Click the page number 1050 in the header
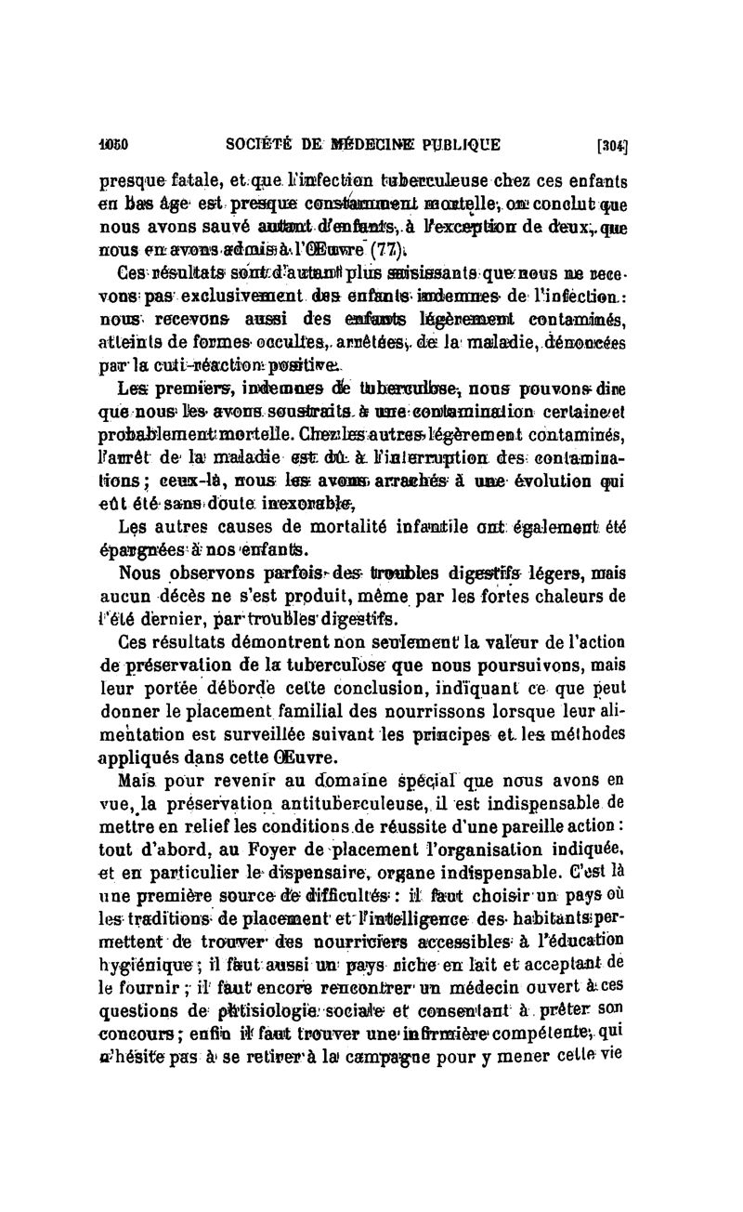click(113, 144)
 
